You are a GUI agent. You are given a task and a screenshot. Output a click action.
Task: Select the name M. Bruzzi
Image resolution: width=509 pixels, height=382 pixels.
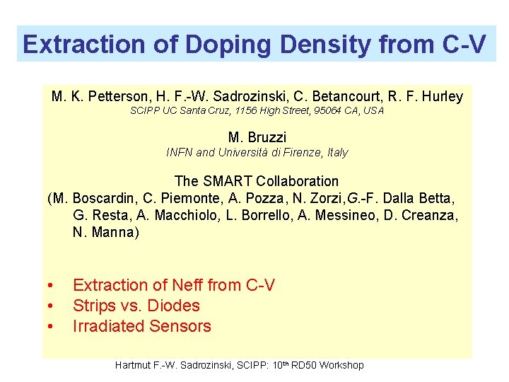click(257, 137)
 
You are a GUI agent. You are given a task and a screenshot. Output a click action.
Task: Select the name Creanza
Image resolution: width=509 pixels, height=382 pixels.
click(431, 215)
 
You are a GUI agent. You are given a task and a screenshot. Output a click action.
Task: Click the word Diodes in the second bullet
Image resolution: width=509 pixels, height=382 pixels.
click(177, 306)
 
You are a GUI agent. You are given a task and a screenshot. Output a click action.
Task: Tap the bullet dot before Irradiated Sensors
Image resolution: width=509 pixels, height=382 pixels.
click(51, 327)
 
